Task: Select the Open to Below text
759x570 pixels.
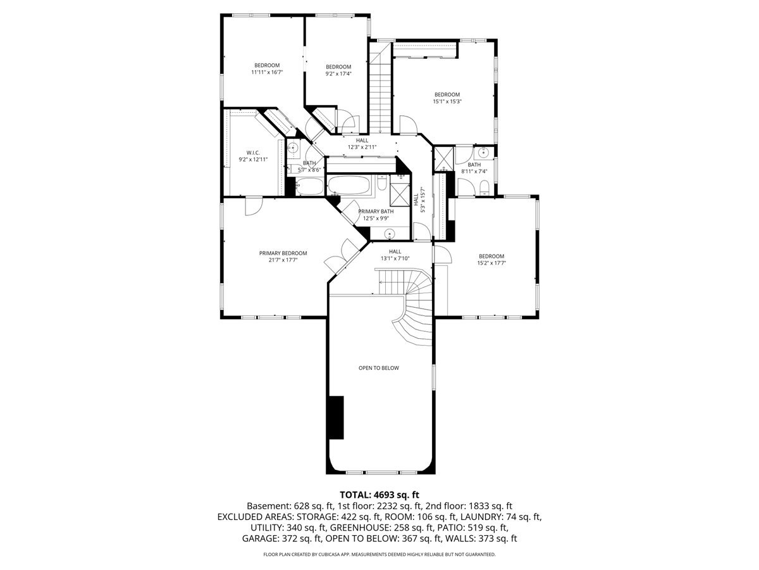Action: coord(379,368)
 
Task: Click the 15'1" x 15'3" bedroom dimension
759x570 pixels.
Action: coord(447,102)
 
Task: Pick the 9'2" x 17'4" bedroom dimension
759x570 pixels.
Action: coord(338,73)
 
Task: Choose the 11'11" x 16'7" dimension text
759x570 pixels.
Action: coord(267,72)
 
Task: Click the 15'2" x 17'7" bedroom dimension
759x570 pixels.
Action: coord(491,263)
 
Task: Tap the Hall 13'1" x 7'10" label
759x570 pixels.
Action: coord(395,255)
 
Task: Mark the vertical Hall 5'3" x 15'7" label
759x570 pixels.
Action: coord(419,199)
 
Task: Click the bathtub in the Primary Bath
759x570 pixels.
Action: coord(349,186)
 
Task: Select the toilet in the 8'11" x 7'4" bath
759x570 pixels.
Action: coord(484,187)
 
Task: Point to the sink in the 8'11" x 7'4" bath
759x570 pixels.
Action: coord(483,153)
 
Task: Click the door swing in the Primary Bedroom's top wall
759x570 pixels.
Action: coord(254,206)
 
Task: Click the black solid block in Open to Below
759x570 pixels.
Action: coord(336,417)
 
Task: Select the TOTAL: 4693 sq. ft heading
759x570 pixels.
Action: coord(379,495)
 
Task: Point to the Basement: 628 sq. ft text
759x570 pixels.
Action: coord(290,506)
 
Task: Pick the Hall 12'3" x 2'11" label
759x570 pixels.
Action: coord(362,144)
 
